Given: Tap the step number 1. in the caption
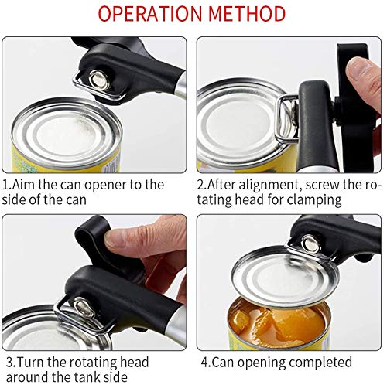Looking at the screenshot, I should [9, 185].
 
